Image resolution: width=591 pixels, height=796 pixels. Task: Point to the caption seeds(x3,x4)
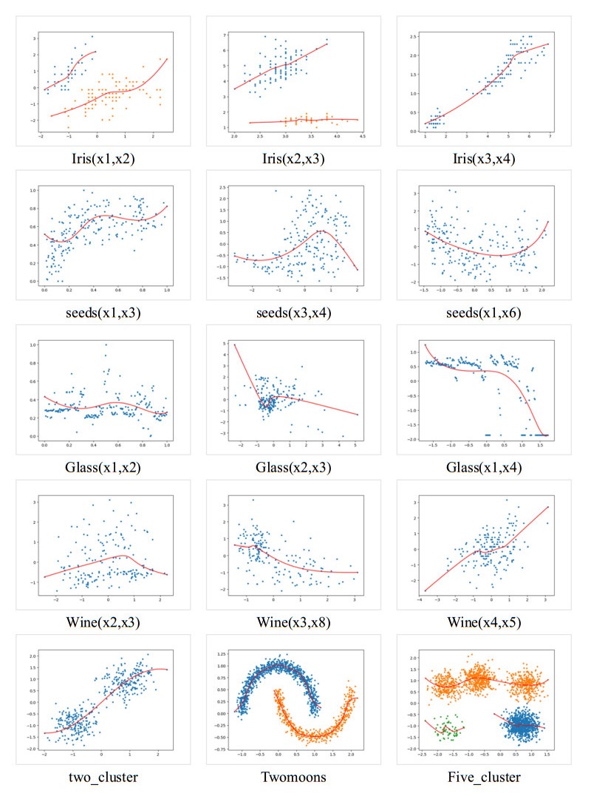point(294,313)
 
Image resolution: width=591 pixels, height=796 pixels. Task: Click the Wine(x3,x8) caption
point(294,622)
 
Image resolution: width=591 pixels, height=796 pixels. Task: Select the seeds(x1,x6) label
point(485,313)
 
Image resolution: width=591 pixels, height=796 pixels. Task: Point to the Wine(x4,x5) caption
point(485,622)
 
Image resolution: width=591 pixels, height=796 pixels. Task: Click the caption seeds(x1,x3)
point(103,313)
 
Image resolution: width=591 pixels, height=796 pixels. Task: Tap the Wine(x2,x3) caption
point(103,622)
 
